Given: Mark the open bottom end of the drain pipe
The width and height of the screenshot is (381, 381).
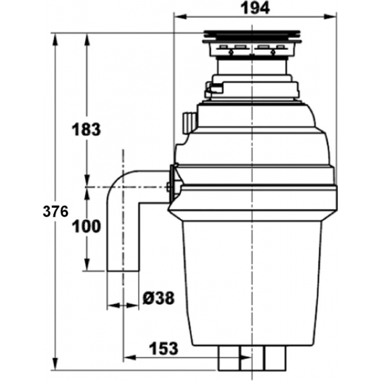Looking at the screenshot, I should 123,272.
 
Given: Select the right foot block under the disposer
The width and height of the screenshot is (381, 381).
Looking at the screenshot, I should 274,360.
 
